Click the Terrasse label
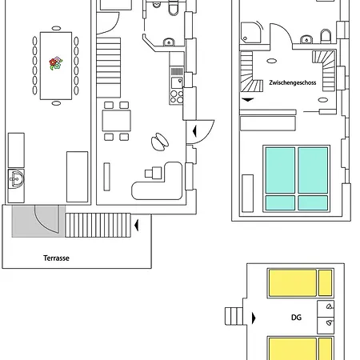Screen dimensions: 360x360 click(56, 258)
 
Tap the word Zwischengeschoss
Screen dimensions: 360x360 click(293, 82)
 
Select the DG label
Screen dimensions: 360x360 click(296, 318)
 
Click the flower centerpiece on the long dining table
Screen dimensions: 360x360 click(56, 63)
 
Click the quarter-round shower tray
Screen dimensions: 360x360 click(250, 33)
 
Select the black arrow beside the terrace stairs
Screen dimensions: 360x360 click(137, 225)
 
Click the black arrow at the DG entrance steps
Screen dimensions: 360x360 click(254, 318)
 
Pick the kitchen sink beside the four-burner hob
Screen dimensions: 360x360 click(177, 82)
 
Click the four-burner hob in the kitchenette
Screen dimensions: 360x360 click(177, 97)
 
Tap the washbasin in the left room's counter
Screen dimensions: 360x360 click(16, 178)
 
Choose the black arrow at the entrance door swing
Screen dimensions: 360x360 click(194, 131)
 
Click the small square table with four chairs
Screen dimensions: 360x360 click(117, 121)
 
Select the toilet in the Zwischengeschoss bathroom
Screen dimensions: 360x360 click(326, 36)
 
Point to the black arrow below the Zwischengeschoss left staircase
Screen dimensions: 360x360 click(248, 100)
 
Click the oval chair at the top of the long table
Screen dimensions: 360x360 click(56, 28)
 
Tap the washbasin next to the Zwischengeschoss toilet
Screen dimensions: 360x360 click(306, 39)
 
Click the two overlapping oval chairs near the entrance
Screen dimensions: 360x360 click(160, 142)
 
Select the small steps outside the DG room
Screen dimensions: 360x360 click(234, 316)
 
